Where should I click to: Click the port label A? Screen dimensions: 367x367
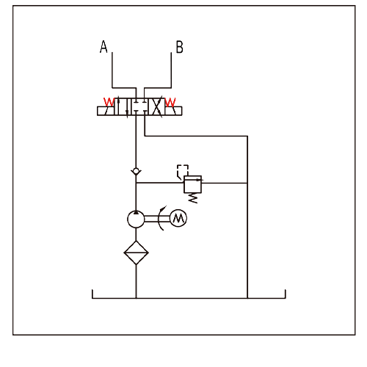[x=103, y=46]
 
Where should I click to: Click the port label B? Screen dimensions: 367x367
[x=179, y=47]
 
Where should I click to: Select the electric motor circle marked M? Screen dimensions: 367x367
[x=178, y=218]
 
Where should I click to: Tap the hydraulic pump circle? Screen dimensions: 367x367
[x=136, y=219]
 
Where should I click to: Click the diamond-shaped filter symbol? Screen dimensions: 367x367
[x=136, y=252]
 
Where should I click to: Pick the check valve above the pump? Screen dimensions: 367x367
[x=136, y=171]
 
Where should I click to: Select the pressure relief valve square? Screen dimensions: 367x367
[x=193, y=184]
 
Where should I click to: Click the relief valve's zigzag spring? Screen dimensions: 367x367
[x=193, y=198]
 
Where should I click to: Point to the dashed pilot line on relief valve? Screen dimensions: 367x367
[x=183, y=171]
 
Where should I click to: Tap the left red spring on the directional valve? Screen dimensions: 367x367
[x=109, y=102]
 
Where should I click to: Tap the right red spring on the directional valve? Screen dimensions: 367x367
[x=170, y=102]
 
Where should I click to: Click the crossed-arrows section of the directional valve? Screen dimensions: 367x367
[x=156, y=106]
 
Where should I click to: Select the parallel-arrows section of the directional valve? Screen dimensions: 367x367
[x=123, y=106]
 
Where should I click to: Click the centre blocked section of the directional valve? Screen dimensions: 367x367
[x=139, y=106]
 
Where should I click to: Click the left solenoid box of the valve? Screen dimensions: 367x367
[x=106, y=111]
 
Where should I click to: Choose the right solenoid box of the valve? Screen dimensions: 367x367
[x=173, y=111]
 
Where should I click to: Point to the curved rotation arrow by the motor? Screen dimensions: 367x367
[x=159, y=219]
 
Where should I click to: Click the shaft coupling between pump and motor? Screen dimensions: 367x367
[x=157, y=219]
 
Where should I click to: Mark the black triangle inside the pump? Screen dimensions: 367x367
[x=136, y=212]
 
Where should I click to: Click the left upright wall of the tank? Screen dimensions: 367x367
[x=92, y=294]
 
